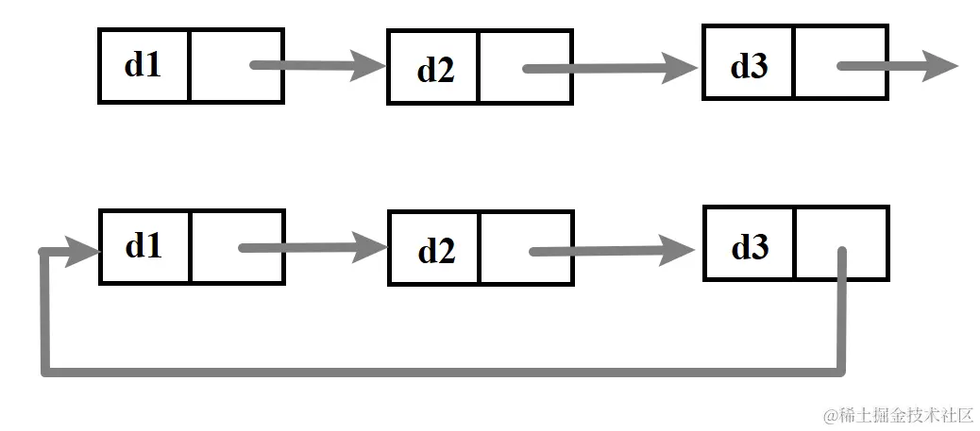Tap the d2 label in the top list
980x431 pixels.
[x=435, y=69]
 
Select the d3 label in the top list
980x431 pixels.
[x=750, y=66]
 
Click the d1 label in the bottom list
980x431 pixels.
[x=143, y=246]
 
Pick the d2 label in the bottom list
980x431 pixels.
[x=435, y=251]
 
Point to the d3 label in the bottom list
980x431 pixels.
[x=750, y=248]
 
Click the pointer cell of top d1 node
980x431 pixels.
[x=236, y=65]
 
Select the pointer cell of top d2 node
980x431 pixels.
[x=525, y=67]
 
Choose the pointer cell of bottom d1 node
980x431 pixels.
[x=236, y=247]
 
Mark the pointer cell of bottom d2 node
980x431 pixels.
[x=525, y=248]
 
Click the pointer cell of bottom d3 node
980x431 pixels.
[x=841, y=244]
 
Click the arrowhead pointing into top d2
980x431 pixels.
[x=367, y=66]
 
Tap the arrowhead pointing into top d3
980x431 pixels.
[x=681, y=67]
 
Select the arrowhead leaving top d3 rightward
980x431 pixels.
[x=939, y=66]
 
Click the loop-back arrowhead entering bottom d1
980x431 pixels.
[x=83, y=251]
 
